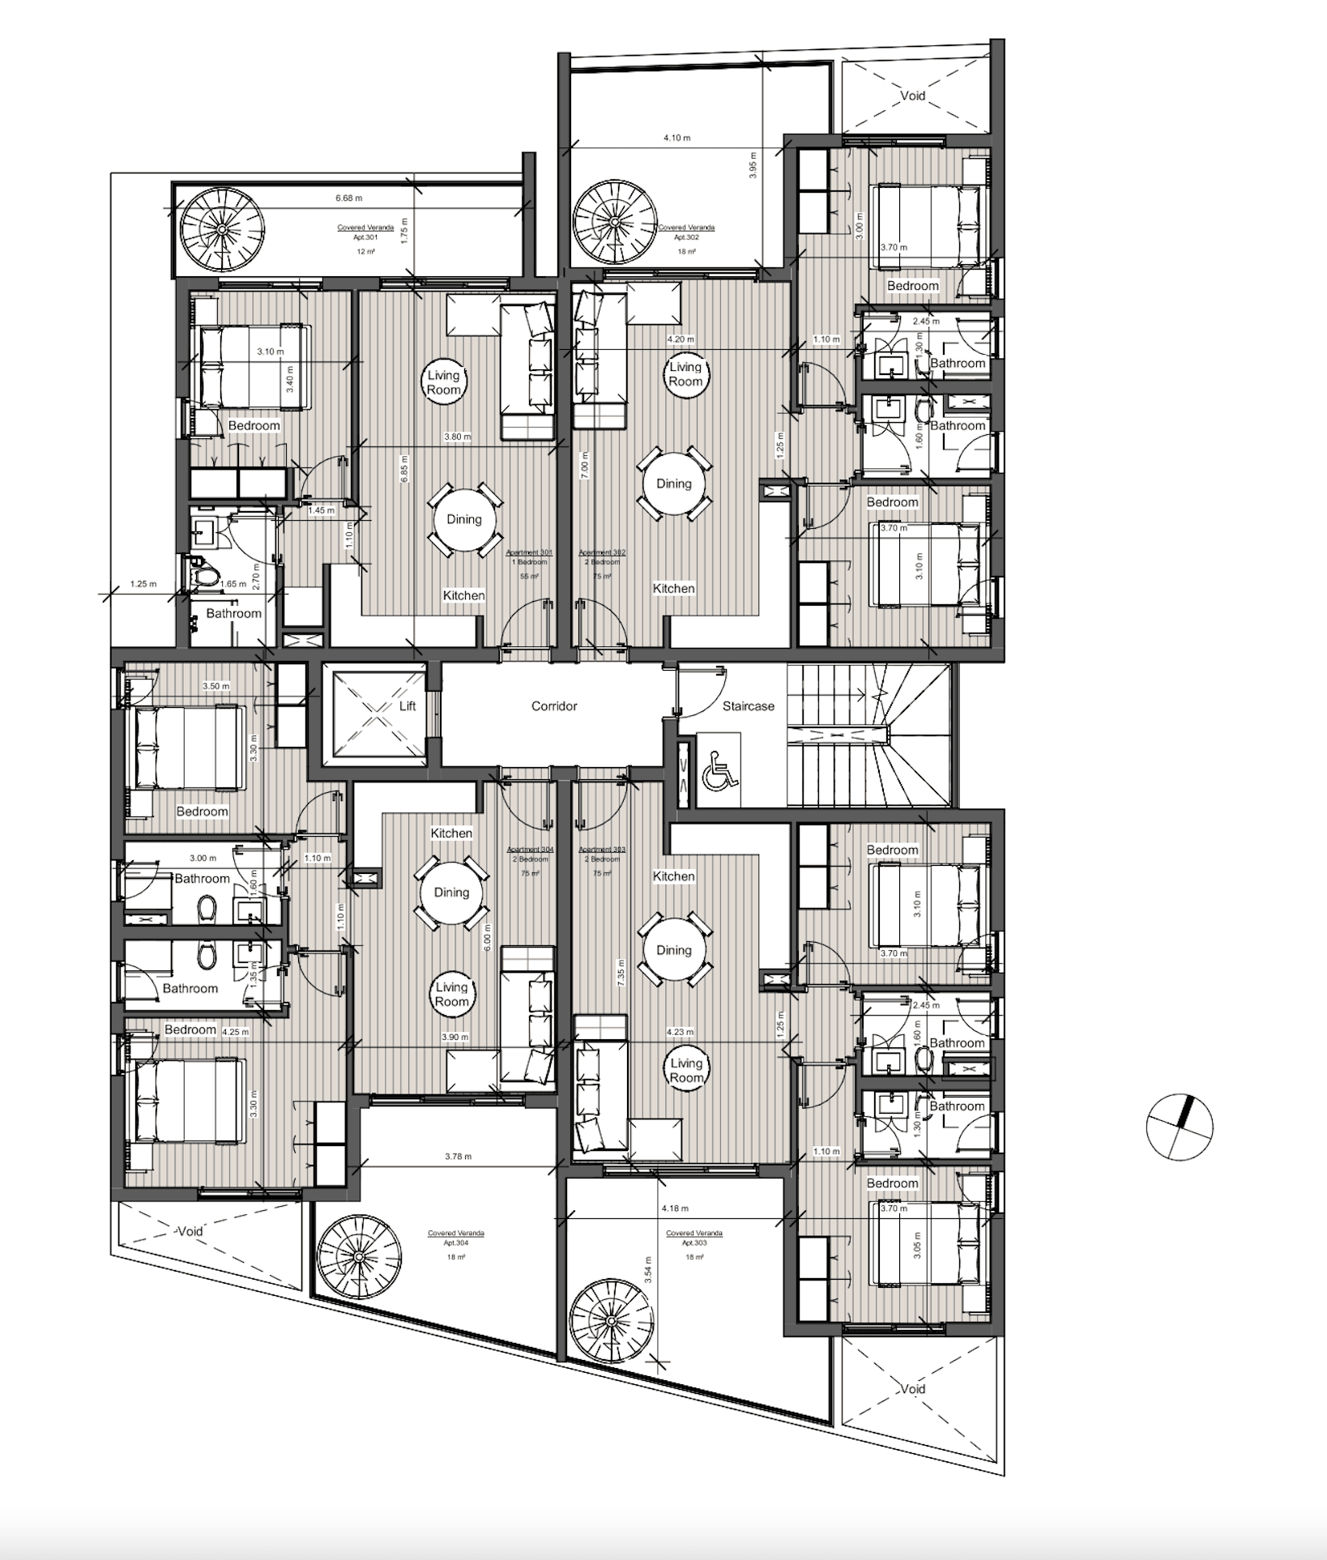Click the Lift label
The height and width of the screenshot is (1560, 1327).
(x=407, y=706)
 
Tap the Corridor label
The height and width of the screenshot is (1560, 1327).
(x=554, y=706)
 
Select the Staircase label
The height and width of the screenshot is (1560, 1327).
(x=748, y=706)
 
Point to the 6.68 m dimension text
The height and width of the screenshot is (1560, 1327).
(x=348, y=198)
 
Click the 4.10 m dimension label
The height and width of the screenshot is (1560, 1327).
(x=676, y=138)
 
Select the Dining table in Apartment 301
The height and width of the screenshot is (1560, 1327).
(x=463, y=520)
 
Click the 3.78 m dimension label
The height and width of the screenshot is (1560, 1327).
(x=458, y=1157)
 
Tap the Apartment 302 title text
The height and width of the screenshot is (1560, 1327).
(x=602, y=552)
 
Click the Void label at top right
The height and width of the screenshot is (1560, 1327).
(x=913, y=96)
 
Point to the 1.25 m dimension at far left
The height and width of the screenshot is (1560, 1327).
(x=143, y=583)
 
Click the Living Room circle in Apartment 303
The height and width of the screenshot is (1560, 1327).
(x=686, y=1071)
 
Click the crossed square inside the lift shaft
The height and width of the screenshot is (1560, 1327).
(x=374, y=714)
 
